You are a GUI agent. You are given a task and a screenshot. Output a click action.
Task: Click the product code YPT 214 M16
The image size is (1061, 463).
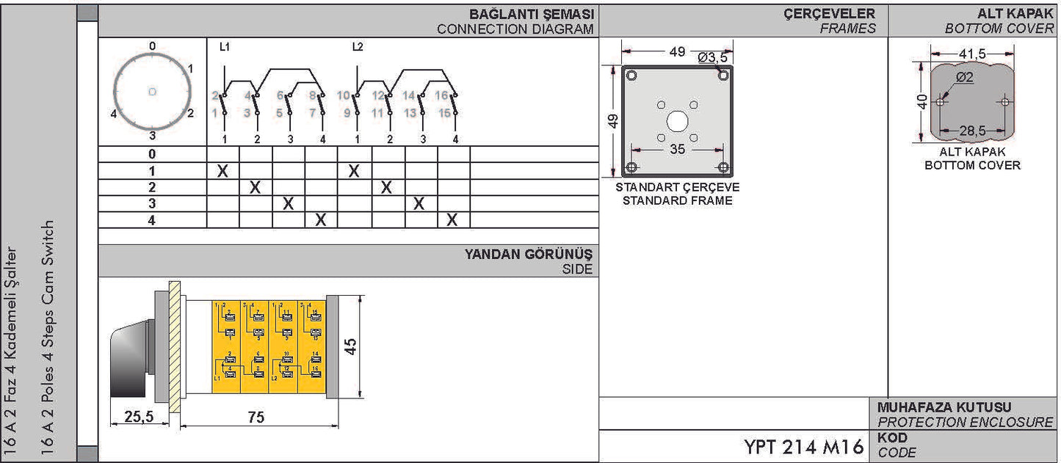pos(803,447)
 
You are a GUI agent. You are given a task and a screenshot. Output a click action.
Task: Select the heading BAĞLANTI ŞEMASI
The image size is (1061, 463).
pos(532,15)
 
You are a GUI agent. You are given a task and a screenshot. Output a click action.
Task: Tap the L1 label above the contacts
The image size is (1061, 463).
pos(225,47)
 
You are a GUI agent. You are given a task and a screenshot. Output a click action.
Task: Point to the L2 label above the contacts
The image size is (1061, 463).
pos(358,47)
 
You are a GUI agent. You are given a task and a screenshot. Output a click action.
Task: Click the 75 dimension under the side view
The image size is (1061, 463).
pos(256,417)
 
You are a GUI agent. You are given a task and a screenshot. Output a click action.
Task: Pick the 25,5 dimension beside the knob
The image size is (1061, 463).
pos(138,417)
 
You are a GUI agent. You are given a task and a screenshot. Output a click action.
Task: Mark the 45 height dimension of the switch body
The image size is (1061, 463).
pos(352,346)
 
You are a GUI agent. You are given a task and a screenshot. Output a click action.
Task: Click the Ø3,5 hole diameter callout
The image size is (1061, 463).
pos(712,57)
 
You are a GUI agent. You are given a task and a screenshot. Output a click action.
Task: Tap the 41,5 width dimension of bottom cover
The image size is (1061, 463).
pos(972,53)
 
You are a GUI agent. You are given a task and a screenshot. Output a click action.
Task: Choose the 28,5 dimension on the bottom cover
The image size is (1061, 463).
pos(972,130)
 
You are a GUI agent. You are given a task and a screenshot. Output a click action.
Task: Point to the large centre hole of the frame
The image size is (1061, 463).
pos(677,120)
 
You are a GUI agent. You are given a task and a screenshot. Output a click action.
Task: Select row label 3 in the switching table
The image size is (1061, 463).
pos(152,203)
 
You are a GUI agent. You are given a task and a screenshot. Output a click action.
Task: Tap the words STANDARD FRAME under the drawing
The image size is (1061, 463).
pos(677,200)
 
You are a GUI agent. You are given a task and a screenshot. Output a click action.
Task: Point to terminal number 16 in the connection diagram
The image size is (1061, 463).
pos(441,95)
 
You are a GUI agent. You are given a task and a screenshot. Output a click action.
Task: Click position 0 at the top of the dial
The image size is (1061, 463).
pos(152,46)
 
